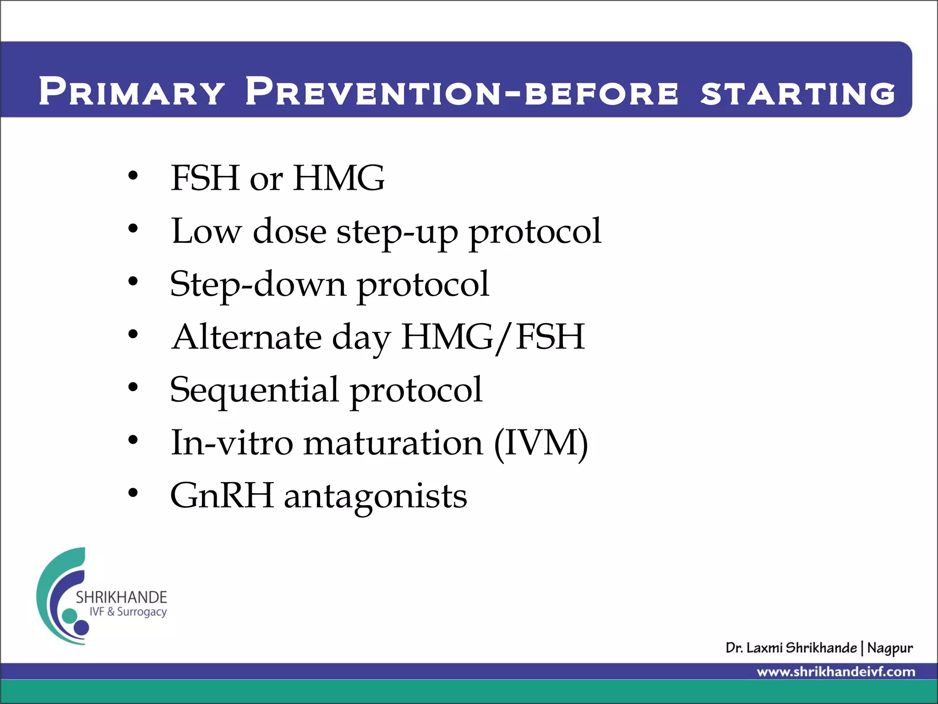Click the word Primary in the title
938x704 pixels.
(x=131, y=91)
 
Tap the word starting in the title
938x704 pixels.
(x=797, y=93)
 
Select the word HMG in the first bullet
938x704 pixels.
(x=339, y=178)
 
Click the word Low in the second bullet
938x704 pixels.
(x=206, y=231)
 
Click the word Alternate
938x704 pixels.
(x=246, y=337)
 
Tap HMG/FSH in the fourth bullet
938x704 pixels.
(x=493, y=337)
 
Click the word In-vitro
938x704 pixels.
(x=231, y=443)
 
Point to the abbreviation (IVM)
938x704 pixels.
(x=540, y=444)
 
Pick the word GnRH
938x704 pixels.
(x=222, y=495)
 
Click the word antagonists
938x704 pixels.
(x=376, y=497)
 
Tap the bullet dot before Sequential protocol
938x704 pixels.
(x=133, y=388)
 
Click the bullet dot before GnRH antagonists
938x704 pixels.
(x=133, y=493)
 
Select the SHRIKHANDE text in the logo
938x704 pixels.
(x=121, y=597)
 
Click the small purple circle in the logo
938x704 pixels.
(x=82, y=627)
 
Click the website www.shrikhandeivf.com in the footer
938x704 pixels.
(x=836, y=672)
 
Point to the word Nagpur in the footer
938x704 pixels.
(x=890, y=648)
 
